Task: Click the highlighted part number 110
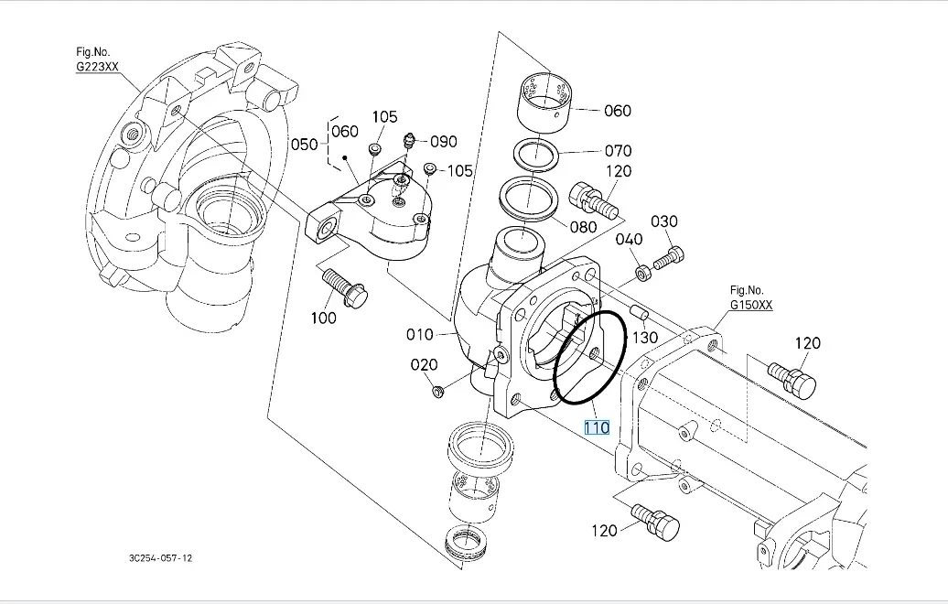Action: click(x=597, y=427)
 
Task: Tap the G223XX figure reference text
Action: click(x=97, y=67)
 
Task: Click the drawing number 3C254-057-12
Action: click(x=161, y=557)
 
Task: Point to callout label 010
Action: click(x=420, y=334)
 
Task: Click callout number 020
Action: click(x=424, y=364)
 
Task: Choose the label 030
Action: click(x=664, y=221)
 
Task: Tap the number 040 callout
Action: click(x=629, y=239)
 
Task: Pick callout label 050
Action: click(x=304, y=145)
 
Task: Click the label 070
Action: click(x=618, y=151)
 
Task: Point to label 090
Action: click(x=443, y=141)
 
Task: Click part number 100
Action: click(x=324, y=318)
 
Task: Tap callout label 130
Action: click(x=645, y=337)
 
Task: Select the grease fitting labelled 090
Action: click(x=408, y=142)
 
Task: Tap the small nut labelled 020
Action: click(x=438, y=392)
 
